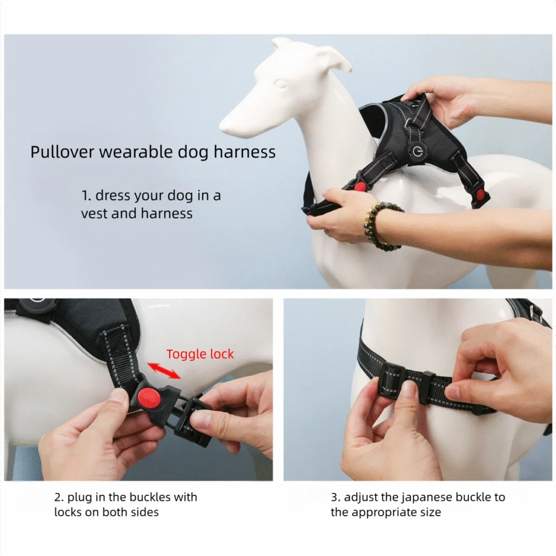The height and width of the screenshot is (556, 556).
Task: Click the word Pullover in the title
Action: (x=62, y=152)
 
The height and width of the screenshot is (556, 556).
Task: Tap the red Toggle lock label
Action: (x=200, y=354)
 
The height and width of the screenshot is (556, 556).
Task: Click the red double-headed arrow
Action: (x=164, y=370)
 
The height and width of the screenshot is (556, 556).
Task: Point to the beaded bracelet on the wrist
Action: (x=381, y=224)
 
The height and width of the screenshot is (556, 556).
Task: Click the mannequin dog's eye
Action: (x=280, y=84)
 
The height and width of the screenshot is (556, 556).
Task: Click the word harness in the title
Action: (x=244, y=152)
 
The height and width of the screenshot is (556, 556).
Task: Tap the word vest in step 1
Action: (x=94, y=213)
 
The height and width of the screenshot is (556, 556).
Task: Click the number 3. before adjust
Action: (x=336, y=497)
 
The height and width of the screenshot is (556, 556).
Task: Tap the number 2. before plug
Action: (x=59, y=497)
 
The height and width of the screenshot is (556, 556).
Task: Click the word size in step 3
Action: (x=431, y=513)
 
